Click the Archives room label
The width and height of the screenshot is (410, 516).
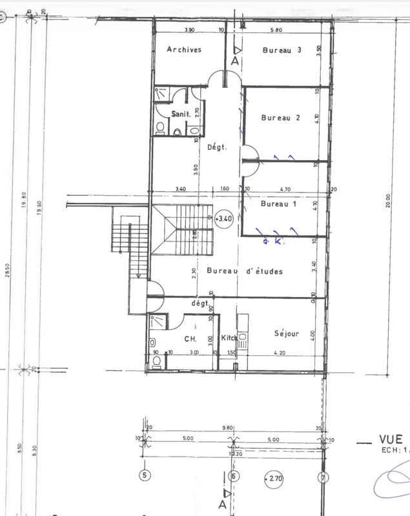184,50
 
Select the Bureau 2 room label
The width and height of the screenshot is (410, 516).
281,118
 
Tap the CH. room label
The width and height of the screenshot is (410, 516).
190,338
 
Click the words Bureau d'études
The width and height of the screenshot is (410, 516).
245,271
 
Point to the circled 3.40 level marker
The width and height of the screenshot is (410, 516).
225,219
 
